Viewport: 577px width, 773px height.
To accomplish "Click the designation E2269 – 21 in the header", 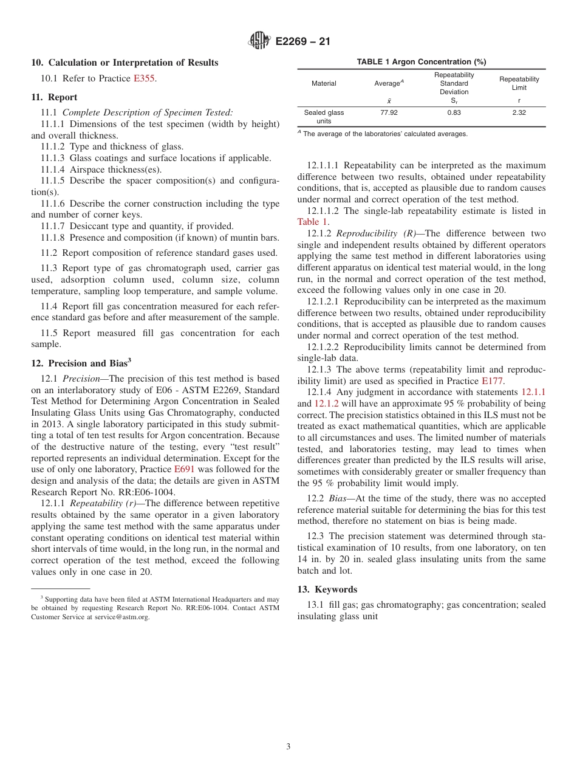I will click(x=302, y=42).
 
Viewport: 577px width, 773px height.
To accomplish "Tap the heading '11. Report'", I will click(x=54, y=97).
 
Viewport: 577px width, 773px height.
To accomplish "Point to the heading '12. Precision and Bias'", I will click(x=80, y=363).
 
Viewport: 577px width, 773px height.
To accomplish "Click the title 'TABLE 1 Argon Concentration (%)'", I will click(x=421, y=62).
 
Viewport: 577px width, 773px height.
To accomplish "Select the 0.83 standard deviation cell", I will click(x=454, y=112).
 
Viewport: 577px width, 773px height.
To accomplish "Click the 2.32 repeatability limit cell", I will click(x=519, y=112).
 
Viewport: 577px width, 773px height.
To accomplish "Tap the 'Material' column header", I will click(x=324, y=83).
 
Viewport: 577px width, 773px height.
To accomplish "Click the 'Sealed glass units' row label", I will click(x=324, y=117).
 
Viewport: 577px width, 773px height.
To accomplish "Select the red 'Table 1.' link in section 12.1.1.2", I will click(x=313, y=222).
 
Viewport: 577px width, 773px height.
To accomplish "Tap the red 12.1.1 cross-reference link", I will click(x=533, y=393).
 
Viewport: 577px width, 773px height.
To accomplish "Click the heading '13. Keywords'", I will click(x=327, y=589).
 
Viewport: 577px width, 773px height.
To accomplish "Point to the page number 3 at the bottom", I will click(x=288, y=747).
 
